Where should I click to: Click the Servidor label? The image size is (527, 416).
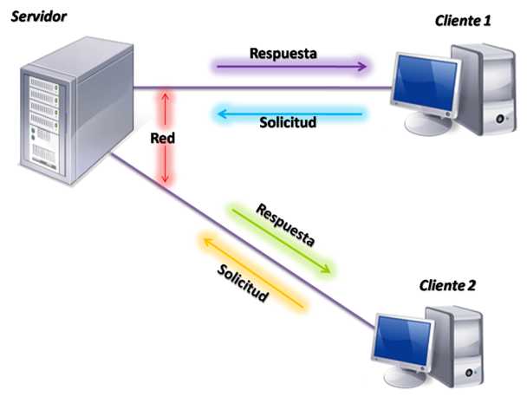(39, 18)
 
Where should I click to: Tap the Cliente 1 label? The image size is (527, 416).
(463, 20)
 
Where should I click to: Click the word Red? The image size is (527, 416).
(163, 139)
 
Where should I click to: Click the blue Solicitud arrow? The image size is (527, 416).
(290, 112)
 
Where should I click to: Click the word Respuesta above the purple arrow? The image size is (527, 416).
(283, 51)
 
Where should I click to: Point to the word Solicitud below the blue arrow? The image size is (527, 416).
(288, 122)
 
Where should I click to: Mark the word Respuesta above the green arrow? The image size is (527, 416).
(286, 224)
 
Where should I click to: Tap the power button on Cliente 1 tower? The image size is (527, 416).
(498, 118)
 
